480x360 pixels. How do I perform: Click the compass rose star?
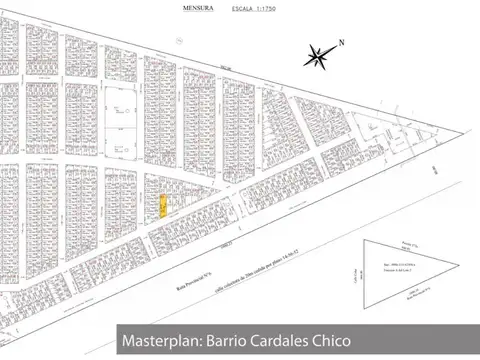(x=319, y=56)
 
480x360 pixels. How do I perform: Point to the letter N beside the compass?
(x=341, y=42)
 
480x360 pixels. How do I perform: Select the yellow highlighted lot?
(x=163, y=206)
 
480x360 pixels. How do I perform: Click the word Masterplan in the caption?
(x=161, y=341)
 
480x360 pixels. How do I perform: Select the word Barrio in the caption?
(x=227, y=341)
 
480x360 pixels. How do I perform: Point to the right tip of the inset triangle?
(x=458, y=265)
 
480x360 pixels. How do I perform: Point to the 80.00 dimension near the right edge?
(x=441, y=170)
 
